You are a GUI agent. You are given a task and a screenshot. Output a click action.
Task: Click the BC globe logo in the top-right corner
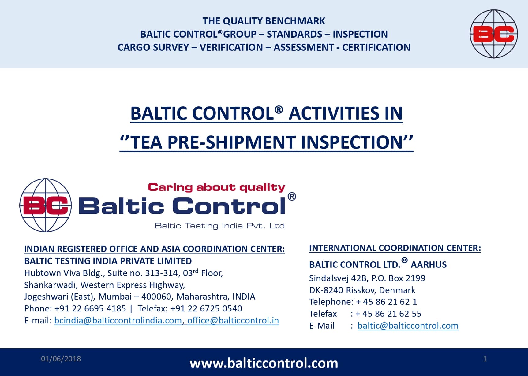coord(494,34)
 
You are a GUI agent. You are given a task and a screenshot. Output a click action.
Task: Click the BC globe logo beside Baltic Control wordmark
coord(46,205)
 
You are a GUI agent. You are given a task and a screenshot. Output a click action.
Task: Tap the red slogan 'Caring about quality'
coord(216,187)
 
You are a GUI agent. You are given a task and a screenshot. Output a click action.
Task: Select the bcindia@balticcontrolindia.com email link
coord(118,320)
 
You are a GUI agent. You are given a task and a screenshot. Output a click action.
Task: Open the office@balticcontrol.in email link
coord(233,320)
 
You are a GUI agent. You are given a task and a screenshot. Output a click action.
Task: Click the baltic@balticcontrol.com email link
coord(408,326)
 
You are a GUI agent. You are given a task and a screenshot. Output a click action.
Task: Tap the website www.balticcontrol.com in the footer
coord(264,363)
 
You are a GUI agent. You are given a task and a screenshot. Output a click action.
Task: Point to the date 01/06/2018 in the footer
coord(61,359)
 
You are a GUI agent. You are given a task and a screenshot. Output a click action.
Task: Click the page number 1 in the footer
coord(485,359)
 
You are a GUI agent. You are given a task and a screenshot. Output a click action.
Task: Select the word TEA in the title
coord(146,142)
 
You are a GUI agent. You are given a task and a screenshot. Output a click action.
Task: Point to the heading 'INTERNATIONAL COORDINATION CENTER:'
coord(395,248)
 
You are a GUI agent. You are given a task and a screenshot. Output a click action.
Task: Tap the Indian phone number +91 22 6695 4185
coord(90,308)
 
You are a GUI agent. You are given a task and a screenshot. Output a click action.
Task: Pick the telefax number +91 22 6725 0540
coord(206,308)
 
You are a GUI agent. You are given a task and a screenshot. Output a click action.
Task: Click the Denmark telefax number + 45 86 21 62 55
coord(388,314)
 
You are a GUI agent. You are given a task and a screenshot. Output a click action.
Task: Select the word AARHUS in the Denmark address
coord(429,264)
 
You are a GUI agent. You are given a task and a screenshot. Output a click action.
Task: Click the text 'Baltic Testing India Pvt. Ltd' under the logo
coord(220,226)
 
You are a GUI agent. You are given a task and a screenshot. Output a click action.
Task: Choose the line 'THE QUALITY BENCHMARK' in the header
coord(264,21)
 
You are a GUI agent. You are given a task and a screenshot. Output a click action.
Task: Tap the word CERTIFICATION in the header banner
coord(376,47)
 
